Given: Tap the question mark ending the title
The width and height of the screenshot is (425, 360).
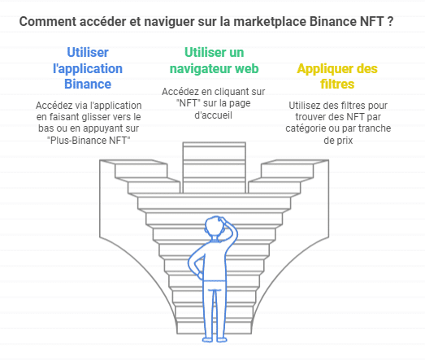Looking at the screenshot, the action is (390, 22).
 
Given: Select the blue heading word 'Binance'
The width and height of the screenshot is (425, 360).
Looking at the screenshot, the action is (88, 84).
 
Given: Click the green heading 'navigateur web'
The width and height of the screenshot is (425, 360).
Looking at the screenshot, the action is (215, 68).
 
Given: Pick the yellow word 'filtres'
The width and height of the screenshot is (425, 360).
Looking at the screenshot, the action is (337, 84).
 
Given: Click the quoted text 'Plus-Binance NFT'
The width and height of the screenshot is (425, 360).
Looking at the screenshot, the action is (89, 141).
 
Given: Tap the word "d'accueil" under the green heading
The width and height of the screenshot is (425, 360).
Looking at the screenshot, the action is (214, 115).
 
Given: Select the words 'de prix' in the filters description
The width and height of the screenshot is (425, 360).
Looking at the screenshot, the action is (338, 141).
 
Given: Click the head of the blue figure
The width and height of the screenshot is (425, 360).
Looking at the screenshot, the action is (215, 228).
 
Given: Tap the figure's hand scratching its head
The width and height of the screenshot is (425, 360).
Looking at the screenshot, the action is (224, 220).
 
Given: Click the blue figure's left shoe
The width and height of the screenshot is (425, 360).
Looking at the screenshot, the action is (207, 340).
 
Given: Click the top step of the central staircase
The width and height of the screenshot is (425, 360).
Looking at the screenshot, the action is (215, 145).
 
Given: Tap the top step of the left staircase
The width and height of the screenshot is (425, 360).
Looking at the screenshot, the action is (133, 162).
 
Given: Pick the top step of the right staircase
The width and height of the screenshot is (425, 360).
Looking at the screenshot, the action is (295, 162).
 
